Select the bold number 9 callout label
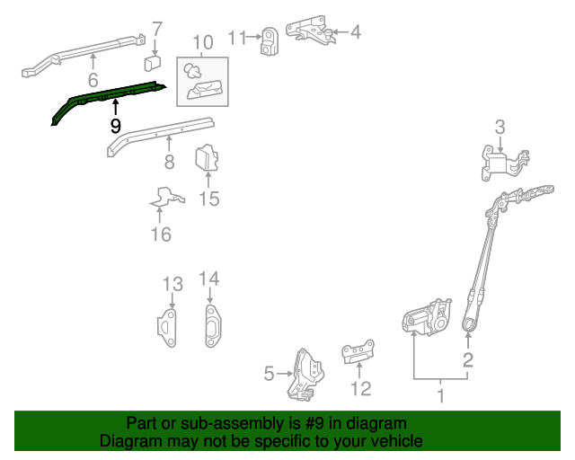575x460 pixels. click(115, 127)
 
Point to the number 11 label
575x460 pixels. click(236, 38)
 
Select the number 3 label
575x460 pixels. click(500, 127)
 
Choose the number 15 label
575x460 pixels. click(208, 199)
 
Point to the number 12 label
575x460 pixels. click(360, 389)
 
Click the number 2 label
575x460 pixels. click(467, 361)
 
